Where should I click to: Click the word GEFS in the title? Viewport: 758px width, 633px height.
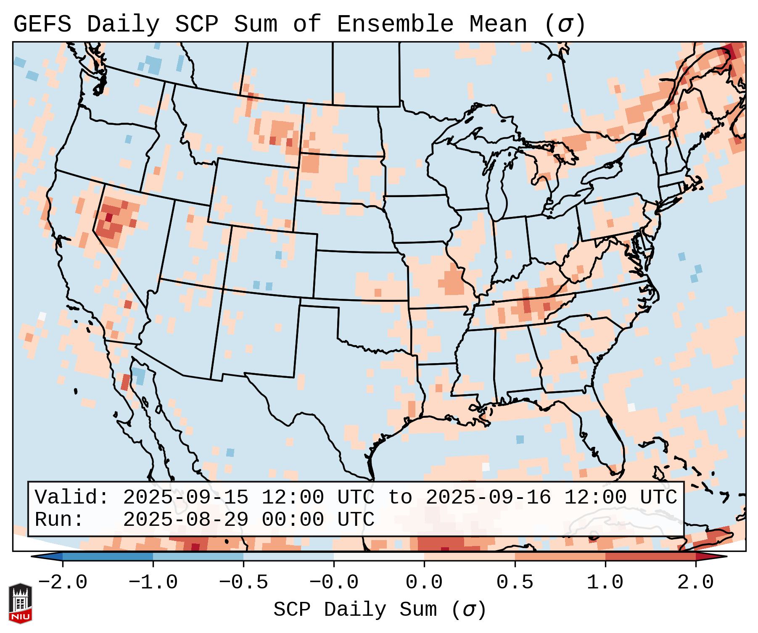click(42, 24)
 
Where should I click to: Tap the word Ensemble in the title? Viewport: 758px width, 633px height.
click(395, 24)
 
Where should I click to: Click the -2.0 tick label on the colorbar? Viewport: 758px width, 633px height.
click(63, 583)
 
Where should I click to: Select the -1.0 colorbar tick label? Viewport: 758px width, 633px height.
click(153, 583)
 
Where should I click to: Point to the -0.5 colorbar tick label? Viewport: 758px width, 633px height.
click(243, 583)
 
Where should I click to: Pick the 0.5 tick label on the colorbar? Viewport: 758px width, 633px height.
click(515, 583)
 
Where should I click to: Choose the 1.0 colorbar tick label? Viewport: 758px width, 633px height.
click(605, 583)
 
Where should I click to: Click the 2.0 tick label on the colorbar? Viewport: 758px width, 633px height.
click(696, 583)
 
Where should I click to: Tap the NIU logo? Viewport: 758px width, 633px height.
click(20, 603)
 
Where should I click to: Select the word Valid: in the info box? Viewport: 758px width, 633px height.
click(72, 498)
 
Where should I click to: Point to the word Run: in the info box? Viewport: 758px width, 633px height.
click(59, 520)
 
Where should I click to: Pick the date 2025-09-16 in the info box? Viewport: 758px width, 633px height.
click(488, 498)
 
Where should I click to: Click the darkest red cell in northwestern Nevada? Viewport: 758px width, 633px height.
click(109, 217)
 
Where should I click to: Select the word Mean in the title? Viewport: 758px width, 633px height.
click(498, 24)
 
